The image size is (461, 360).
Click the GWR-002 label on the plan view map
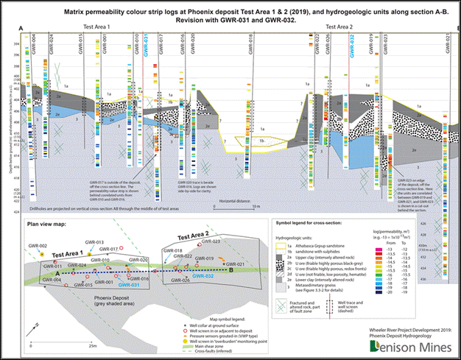click(38, 245)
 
